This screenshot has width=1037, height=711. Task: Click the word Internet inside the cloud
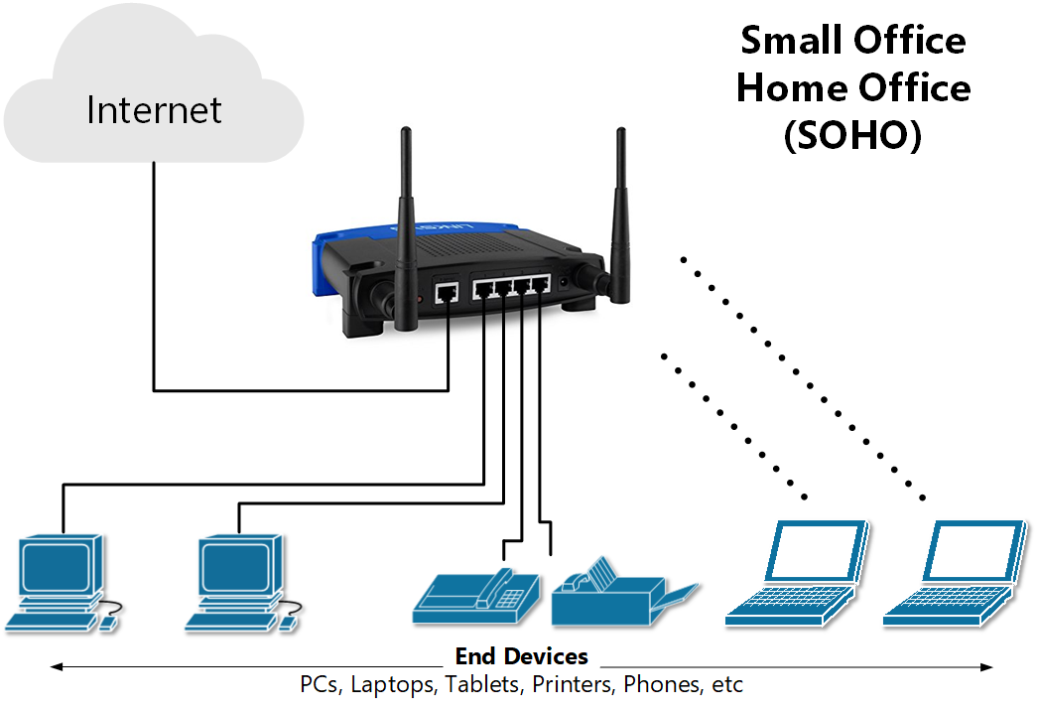click(x=154, y=109)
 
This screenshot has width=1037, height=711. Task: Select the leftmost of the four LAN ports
click(x=483, y=289)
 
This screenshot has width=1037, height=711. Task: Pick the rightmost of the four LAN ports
click(x=539, y=287)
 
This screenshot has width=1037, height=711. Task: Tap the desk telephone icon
click(x=476, y=594)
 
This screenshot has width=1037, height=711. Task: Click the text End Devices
click(x=521, y=656)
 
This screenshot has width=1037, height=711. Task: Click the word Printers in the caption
click(x=569, y=685)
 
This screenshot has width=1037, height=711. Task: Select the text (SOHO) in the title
click(x=852, y=136)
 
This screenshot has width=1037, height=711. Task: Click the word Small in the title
click(x=789, y=41)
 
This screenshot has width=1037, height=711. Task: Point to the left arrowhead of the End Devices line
click(x=54, y=666)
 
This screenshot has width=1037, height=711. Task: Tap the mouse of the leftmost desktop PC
click(x=106, y=625)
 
